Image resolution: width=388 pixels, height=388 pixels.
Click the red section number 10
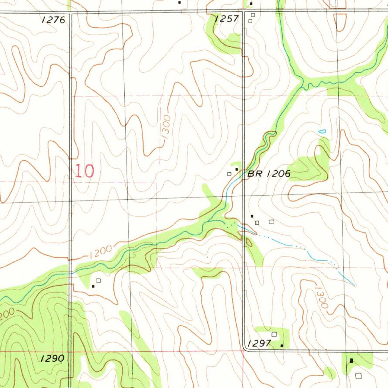(x=84, y=171)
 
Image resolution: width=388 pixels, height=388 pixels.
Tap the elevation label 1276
(x=54, y=20)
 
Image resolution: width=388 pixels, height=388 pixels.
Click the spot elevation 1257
(x=227, y=19)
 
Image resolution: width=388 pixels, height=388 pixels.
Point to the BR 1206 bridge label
(x=269, y=174)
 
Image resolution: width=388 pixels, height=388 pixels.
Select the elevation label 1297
(x=259, y=343)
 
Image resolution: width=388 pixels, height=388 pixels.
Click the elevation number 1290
(x=53, y=358)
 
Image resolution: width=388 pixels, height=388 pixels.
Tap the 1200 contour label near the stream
(x=101, y=252)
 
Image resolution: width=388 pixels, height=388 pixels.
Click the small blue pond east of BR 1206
(x=322, y=132)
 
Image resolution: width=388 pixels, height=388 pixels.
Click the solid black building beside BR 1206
(x=237, y=169)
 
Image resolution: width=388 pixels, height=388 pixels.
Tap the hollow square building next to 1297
(x=274, y=334)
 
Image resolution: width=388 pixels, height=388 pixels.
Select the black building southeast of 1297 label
(x=282, y=346)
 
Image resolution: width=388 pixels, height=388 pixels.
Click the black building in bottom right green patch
(x=352, y=360)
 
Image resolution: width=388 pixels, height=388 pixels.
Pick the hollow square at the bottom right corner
(x=359, y=375)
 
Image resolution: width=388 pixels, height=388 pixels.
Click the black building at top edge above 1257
(x=250, y=4)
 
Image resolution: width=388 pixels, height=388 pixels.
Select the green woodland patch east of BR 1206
(x=309, y=169)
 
